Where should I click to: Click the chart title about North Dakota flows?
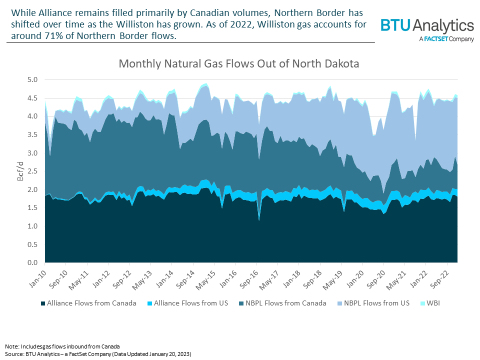239,64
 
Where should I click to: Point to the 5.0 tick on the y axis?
32,79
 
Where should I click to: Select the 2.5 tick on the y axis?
32,171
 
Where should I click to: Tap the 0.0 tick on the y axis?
32,263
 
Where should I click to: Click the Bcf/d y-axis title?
15,171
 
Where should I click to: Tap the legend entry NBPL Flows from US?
376,303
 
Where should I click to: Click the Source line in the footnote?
98,353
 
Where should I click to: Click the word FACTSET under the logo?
438,39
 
